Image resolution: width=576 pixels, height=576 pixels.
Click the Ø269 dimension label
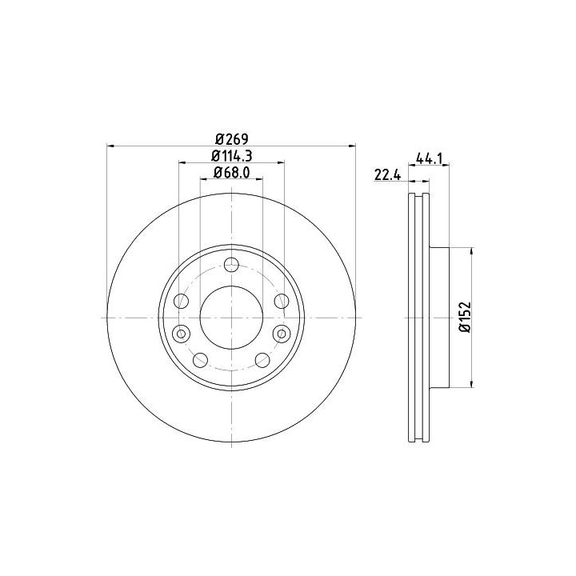[x=232, y=139]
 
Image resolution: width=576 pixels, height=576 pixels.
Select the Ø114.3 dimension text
[x=232, y=156]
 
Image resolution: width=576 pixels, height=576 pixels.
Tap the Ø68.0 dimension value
[x=232, y=172]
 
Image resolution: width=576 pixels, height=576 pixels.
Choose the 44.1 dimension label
[x=430, y=158]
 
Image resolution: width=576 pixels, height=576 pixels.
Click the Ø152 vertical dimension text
[x=466, y=318]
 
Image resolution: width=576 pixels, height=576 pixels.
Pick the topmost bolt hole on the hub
[x=231, y=265]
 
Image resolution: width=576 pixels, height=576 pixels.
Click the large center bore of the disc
[x=231, y=318]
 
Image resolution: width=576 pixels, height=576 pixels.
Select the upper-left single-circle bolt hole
[x=181, y=302]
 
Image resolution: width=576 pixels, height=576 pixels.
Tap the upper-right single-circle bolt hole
[x=282, y=302]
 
